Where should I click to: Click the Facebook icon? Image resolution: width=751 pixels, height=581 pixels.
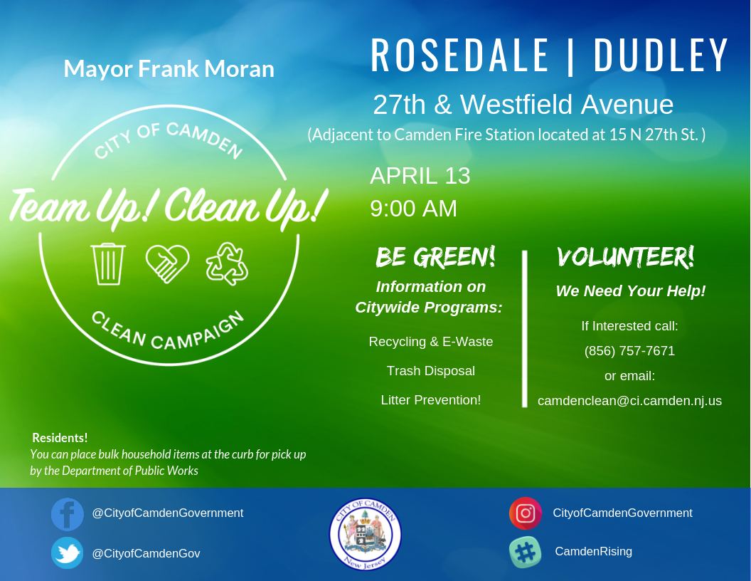click(x=68, y=514)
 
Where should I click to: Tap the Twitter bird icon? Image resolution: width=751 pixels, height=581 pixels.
click(x=68, y=553)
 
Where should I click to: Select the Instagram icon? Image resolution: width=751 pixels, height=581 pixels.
click(x=526, y=513)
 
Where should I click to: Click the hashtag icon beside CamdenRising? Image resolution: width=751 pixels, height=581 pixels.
click(x=526, y=553)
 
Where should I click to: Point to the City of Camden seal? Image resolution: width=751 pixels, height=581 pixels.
click(x=365, y=534)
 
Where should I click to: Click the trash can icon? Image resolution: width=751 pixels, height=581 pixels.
click(x=108, y=264)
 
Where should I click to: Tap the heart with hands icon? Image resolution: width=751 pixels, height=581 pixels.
click(x=167, y=263)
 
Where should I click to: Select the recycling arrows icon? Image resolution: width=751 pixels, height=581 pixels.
click(x=227, y=263)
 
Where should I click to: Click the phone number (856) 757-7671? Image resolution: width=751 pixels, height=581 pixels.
click(x=629, y=351)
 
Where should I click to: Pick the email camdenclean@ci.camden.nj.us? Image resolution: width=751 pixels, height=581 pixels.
click(x=629, y=401)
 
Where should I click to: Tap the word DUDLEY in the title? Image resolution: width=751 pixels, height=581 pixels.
click(x=661, y=56)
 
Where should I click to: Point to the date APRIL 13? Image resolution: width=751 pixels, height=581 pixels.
click(x=420, y=176)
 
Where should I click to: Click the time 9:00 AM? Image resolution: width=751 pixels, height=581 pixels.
click(x=413, y=209)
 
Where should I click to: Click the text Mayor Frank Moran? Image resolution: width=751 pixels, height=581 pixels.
click(x=169, y=69)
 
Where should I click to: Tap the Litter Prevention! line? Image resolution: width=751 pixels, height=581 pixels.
click(x=430, y=400)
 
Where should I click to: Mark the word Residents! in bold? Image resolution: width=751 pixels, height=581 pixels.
click(x=60, y=438)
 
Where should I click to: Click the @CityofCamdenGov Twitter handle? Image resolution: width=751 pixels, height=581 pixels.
click(x=146, y=553)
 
